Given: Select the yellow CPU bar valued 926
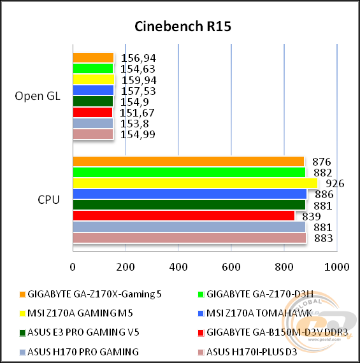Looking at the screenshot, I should (x=195, y=183).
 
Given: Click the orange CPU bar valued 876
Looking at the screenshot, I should (x=188, y=162).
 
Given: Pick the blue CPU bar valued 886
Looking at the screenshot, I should (x=189, y=194).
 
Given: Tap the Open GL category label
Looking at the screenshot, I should (x=38, y=96).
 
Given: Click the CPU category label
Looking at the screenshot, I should (x=49, y=200).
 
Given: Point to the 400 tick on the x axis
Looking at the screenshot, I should (x=178, y=266).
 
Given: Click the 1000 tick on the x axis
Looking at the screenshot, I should (x=336, y=266).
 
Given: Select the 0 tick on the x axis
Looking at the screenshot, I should (x=73, y=266).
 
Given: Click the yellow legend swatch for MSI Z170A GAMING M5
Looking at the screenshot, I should (x=22, y=313).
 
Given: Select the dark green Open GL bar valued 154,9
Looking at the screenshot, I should (x=93, y=101).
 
